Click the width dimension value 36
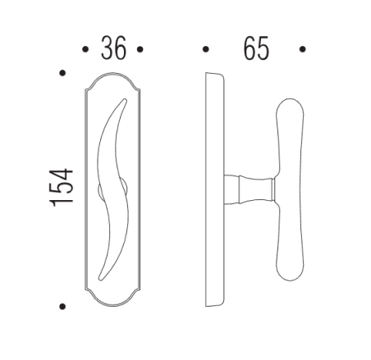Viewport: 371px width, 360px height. (113, 49)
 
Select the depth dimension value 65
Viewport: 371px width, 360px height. (256, 49)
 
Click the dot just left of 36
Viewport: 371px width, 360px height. (85, 49)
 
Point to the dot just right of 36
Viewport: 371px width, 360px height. (140, 49)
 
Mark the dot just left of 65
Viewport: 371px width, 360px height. (205, 49)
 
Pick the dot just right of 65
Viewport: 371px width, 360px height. (303, 49)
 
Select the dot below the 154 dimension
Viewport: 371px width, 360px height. (63, 308)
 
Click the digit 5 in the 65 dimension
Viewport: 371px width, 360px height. (264, 49)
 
